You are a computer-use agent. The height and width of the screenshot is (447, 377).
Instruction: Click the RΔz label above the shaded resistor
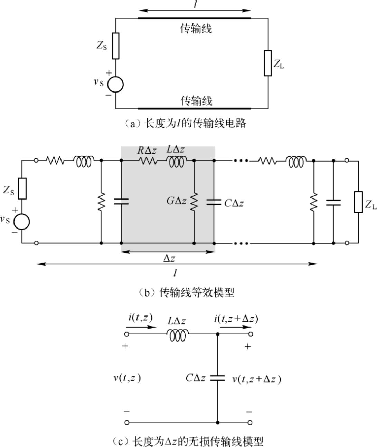click(147, 150)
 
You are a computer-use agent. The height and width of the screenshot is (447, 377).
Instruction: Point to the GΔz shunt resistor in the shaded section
click(194, 201)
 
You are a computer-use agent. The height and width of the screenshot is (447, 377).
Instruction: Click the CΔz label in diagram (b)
click(234, 203)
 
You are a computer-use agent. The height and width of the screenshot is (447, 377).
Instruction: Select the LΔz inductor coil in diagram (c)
click(178, 336)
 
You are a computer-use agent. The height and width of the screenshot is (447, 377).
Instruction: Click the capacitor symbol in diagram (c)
click(218, 378)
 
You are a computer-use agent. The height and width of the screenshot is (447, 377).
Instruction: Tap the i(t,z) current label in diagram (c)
click(140, 318)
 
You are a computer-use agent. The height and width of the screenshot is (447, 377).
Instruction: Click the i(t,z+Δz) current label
click(236, 319)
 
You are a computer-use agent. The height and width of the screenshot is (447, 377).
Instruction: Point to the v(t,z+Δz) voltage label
click(257, 379)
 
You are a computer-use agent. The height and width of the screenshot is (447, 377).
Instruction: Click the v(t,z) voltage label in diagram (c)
click(127, 378)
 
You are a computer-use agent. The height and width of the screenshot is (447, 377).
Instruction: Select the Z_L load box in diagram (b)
click(358, 202)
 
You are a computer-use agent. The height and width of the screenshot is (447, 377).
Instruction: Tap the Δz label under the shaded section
click(169, 259)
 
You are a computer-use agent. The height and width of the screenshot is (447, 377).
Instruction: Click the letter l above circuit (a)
click(195, 4)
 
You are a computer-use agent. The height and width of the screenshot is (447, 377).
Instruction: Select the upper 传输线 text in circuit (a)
click(196, 29)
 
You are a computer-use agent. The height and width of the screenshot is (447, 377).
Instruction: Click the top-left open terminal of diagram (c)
click(127, 334)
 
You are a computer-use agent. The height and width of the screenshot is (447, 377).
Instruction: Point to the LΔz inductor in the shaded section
click(177, 162)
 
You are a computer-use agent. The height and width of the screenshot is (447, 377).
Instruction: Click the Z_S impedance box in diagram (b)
click(22, 188)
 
